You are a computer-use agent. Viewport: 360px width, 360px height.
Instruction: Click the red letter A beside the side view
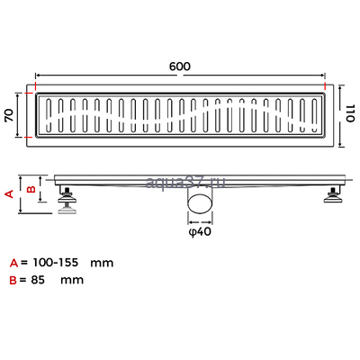click(10, 193)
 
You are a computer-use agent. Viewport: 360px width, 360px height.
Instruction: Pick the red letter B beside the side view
click(30, 189)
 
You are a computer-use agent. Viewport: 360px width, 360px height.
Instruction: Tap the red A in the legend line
click(13, 264)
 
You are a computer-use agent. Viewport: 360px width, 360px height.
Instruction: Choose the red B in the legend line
click(13, 280)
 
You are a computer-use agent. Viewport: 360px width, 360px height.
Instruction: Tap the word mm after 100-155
click(102, 264)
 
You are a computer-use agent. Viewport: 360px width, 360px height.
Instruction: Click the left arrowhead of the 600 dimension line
click(38, 76)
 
